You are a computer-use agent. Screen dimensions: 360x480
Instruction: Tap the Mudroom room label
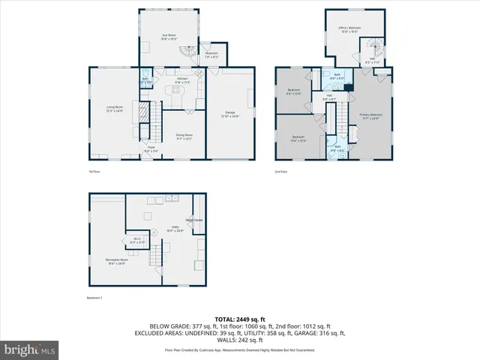(211, 54)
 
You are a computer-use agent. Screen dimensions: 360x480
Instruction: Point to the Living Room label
(115, 109)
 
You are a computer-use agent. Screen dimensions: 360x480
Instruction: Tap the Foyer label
(150, 151)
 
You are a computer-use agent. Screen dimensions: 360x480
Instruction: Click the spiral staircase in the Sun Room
(184, 53)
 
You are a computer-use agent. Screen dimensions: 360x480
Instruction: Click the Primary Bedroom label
(373, 115)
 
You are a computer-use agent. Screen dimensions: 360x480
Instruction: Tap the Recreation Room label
(115, 261)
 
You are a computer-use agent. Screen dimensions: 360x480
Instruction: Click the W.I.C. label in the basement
(137, 241)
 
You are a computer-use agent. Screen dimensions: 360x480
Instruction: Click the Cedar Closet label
(194, 220)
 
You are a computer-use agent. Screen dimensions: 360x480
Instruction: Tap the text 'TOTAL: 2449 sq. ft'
(239, 319)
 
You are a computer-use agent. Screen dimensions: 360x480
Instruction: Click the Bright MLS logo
(31, 349)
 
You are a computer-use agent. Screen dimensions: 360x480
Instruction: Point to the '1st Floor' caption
(94, 172)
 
